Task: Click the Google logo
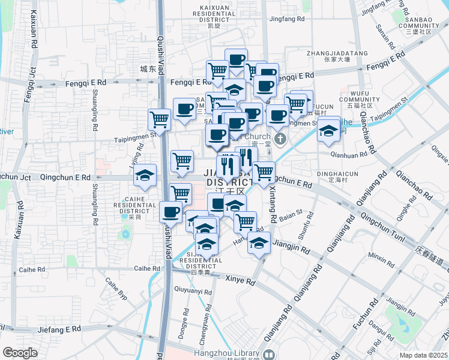tap(20, 353)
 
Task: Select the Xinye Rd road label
tap(240, 279)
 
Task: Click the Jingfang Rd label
tap(287, 19)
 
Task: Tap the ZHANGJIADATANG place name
tap(337, 53)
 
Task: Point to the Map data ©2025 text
tap(423, 355)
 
